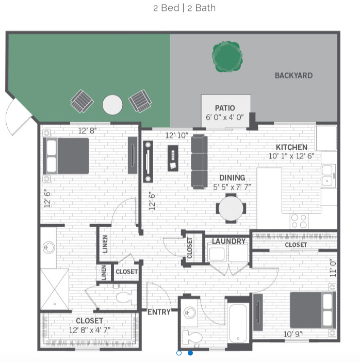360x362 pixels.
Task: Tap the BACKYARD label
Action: coord(293,75)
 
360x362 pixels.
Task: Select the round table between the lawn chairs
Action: coord(112,105)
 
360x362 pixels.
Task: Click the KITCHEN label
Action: coord(291,147)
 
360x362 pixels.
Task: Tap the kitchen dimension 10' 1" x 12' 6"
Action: coord(291,156)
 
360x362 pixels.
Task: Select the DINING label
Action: coord(232,178)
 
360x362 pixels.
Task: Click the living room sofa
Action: coord(199,161)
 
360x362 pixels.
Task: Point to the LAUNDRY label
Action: coord(228,241)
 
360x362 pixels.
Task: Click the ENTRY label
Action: coord(159,312)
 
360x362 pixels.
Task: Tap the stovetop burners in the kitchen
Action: coord(299,221)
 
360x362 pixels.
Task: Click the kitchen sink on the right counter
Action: coord(328,176)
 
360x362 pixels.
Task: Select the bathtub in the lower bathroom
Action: coord(238,323)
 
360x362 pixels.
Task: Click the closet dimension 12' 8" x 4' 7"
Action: coord(90,329)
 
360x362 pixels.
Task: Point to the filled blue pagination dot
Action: coord(190,353)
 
